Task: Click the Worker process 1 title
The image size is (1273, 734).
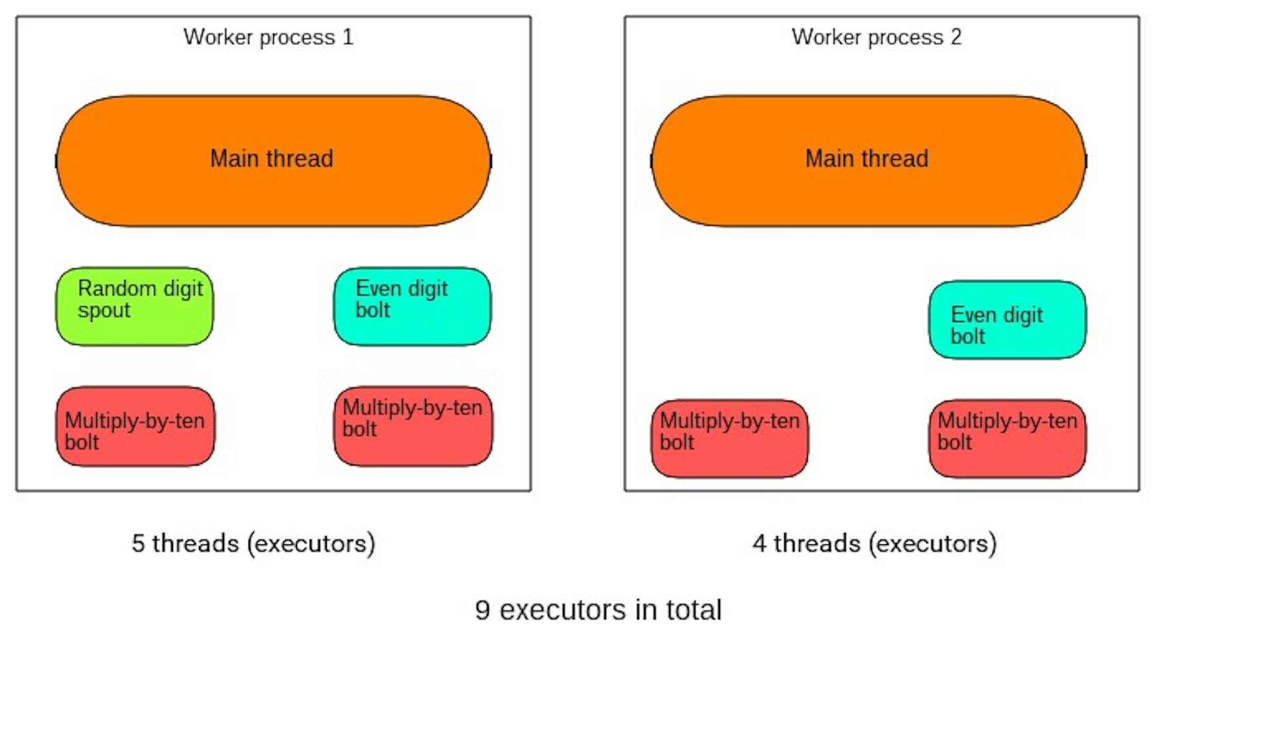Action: (x=269, y=38)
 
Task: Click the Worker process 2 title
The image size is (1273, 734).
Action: (x=877, y=38)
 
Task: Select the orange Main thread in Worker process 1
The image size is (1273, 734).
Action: (x=273, y=161)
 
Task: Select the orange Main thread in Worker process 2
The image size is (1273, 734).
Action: (x=869, y=161)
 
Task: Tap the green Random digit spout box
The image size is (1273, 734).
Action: (x=135, y=306)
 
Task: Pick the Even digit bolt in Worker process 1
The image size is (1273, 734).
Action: (x=412, y=306)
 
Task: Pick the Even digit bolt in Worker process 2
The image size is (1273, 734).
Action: (x=1007, y=320)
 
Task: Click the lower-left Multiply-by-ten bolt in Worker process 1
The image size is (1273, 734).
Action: (x=135, y=426)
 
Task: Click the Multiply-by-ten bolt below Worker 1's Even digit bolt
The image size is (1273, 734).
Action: (x=413, y=426)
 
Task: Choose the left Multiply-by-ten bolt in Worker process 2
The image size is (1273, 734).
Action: (x=729, y=438)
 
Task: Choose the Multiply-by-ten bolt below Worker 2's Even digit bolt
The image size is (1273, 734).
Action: (x=1007, y=438)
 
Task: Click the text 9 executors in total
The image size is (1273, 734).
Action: (x=598, y=610)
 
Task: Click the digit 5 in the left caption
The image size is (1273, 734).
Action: (x=138, y=544)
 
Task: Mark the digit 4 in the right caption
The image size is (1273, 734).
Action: (x=759, y=544)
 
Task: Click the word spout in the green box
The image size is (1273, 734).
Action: (x=104, y=311)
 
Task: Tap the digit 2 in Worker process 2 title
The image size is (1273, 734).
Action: (x=955, y=37)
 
